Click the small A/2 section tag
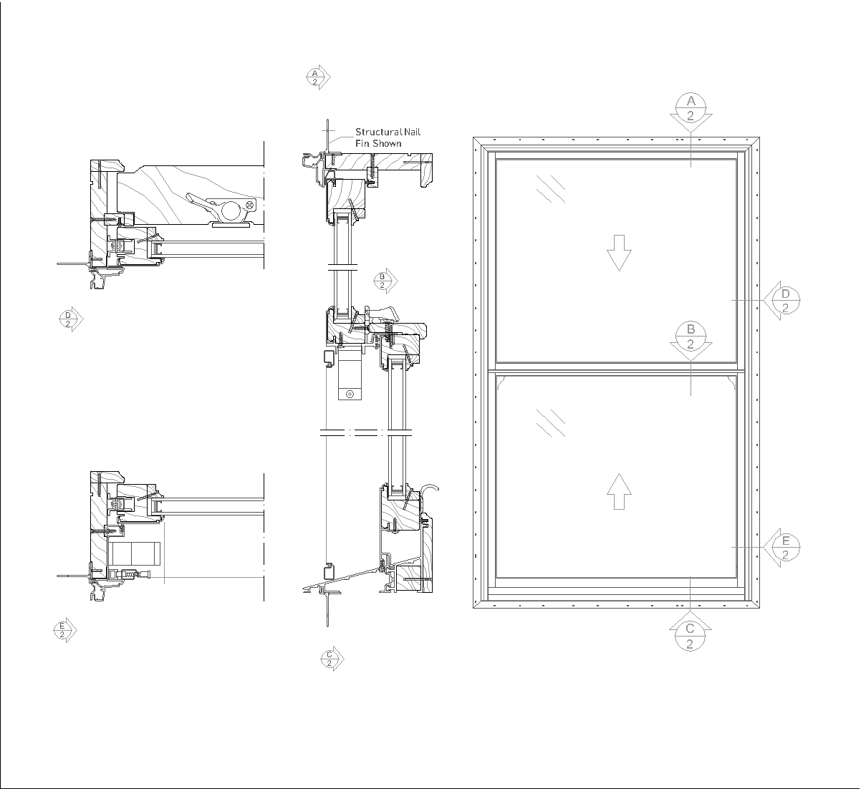tap(318, 77)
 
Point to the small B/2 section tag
tap(385, 281)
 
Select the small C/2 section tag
tap(332, 659)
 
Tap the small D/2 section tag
tap(71, 319)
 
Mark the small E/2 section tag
tap(64, 630)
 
